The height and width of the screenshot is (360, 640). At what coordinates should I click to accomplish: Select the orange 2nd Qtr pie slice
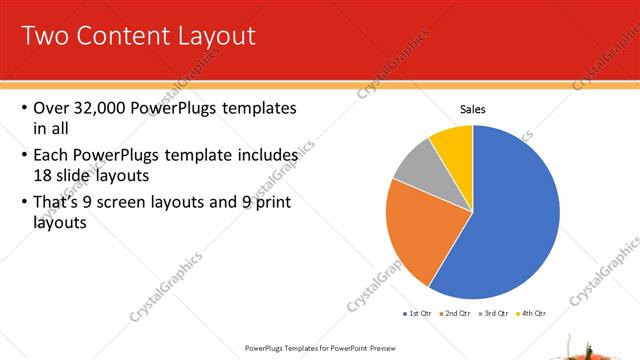pyautogui.click(x=414, y=235)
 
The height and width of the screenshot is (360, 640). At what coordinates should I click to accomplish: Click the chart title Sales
pyautogui.click(x=473, y=109)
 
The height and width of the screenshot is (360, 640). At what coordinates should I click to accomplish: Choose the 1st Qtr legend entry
pyautogui.click(x=419, y=313)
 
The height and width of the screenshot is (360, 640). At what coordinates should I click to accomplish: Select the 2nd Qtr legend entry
pyautogui.click(x=455, y=313)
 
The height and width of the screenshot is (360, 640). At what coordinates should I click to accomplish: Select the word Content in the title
pyautogui.click(x=118, y=37)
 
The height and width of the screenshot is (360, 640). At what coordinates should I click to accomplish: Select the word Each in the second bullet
pyautogui.click(x=51, y=156)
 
